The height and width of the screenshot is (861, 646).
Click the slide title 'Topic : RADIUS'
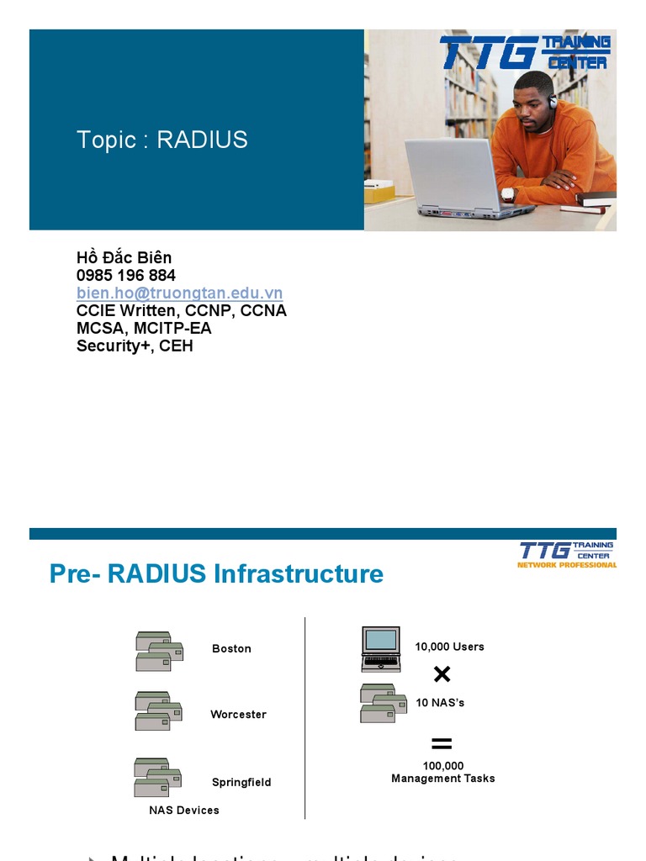(x=161, y=140)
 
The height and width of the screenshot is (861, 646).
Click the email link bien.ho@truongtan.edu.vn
(x=179, y=293)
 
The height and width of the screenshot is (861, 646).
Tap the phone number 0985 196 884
(x=126, y=275)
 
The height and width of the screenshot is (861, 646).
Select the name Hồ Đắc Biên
(x=124, y=257)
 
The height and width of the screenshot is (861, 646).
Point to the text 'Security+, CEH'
(x=135, y=346)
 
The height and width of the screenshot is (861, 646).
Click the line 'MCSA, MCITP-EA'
(x=144, y=328)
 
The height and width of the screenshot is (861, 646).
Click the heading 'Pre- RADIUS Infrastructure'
(x=216, y=573)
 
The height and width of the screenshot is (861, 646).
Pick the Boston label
(x=231, y=648)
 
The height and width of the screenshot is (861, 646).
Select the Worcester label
(x=238, y=714)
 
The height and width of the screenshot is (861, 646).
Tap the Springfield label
(x=241, y=782)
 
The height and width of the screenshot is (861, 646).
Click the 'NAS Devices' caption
(x=184, y=810)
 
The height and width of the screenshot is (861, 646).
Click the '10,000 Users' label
(x=449, y=647)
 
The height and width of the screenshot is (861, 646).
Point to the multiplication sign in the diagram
(x=442, y=674)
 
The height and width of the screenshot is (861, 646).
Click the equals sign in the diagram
(x=442, y=743)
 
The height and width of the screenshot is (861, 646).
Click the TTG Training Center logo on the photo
(x=525, y=52)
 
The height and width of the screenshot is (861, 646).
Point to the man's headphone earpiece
(x=553, y=102)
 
